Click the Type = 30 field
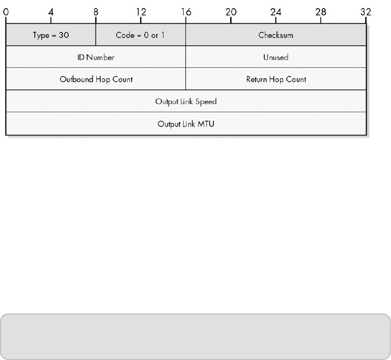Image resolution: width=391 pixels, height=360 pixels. [51, 35]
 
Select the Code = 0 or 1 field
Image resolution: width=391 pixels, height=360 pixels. [141, 35]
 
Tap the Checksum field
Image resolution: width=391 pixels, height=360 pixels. [276, 35]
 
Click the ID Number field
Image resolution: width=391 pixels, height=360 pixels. [96, 57]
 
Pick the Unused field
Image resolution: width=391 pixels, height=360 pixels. [276, 57]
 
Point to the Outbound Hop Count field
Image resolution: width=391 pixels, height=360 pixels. [96, 79]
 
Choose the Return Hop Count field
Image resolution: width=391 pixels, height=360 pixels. [276, 79]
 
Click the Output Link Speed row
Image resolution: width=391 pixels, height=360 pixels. [186, 101]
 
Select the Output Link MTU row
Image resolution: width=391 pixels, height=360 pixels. [186, 124]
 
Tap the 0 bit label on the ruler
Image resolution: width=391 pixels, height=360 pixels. [6, 10]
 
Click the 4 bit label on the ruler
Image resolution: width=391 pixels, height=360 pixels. [51, 10]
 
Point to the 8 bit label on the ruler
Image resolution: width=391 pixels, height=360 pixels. [96, 10]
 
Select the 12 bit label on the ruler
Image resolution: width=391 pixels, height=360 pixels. [141, 10]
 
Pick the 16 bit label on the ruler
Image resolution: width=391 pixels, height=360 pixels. [186, 10]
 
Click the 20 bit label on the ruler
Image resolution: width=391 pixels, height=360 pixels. [231, 10]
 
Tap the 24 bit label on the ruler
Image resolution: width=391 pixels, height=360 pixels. [276, 10]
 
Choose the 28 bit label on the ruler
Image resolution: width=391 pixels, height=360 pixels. [321, 10]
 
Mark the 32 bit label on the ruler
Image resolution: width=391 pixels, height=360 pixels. [366, 10]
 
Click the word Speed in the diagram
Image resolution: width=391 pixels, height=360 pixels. [206, 101]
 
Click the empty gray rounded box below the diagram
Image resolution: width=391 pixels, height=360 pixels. [195, 336]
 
